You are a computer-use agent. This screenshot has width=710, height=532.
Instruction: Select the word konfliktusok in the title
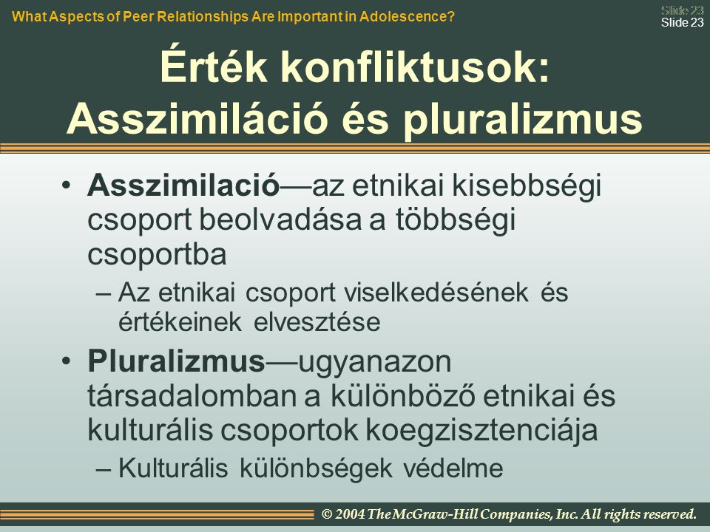tap(409, 66)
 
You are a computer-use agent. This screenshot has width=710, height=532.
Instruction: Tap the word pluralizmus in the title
tap(523, 120)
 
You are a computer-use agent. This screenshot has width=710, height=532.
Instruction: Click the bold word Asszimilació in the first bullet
tap(183, 185)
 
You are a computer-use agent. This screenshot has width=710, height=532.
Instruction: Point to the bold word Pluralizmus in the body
tap(176, 361)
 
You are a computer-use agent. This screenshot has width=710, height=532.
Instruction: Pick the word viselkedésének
tap(436, 293)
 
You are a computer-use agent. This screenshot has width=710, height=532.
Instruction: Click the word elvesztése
tap(317, 322)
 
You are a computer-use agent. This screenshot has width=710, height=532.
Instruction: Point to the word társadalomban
tap(204, 396)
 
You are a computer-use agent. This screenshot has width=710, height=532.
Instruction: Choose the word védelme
tap(453, 468)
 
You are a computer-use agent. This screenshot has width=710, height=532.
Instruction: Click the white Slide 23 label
tap(683, 23)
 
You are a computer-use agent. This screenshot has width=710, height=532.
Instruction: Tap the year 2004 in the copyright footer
tap(350, 514)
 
